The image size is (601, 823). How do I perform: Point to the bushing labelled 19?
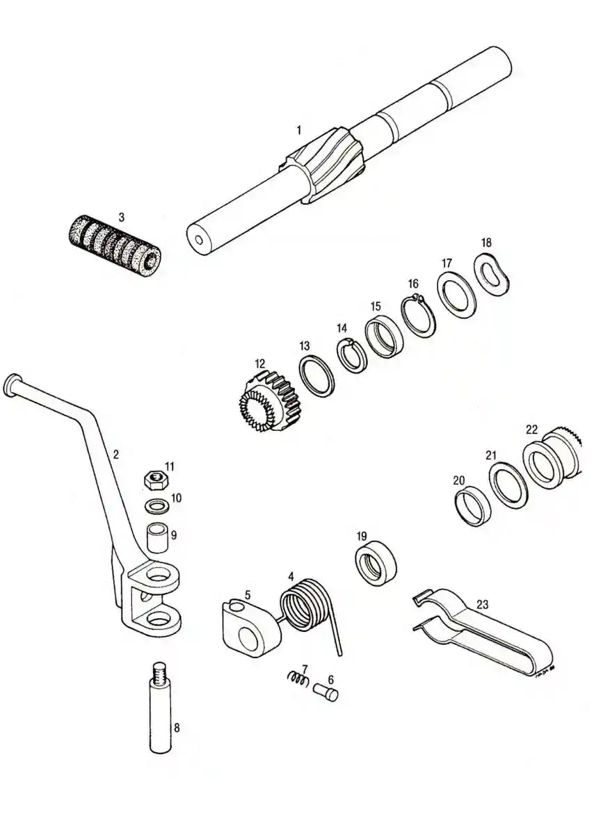pos(376,562)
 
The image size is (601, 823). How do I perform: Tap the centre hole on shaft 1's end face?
pos(198,241)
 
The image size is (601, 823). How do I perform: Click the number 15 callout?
pos(375,306)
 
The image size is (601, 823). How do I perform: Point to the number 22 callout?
pos(531,430)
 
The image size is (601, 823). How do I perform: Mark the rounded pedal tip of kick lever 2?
pos(11,384)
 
